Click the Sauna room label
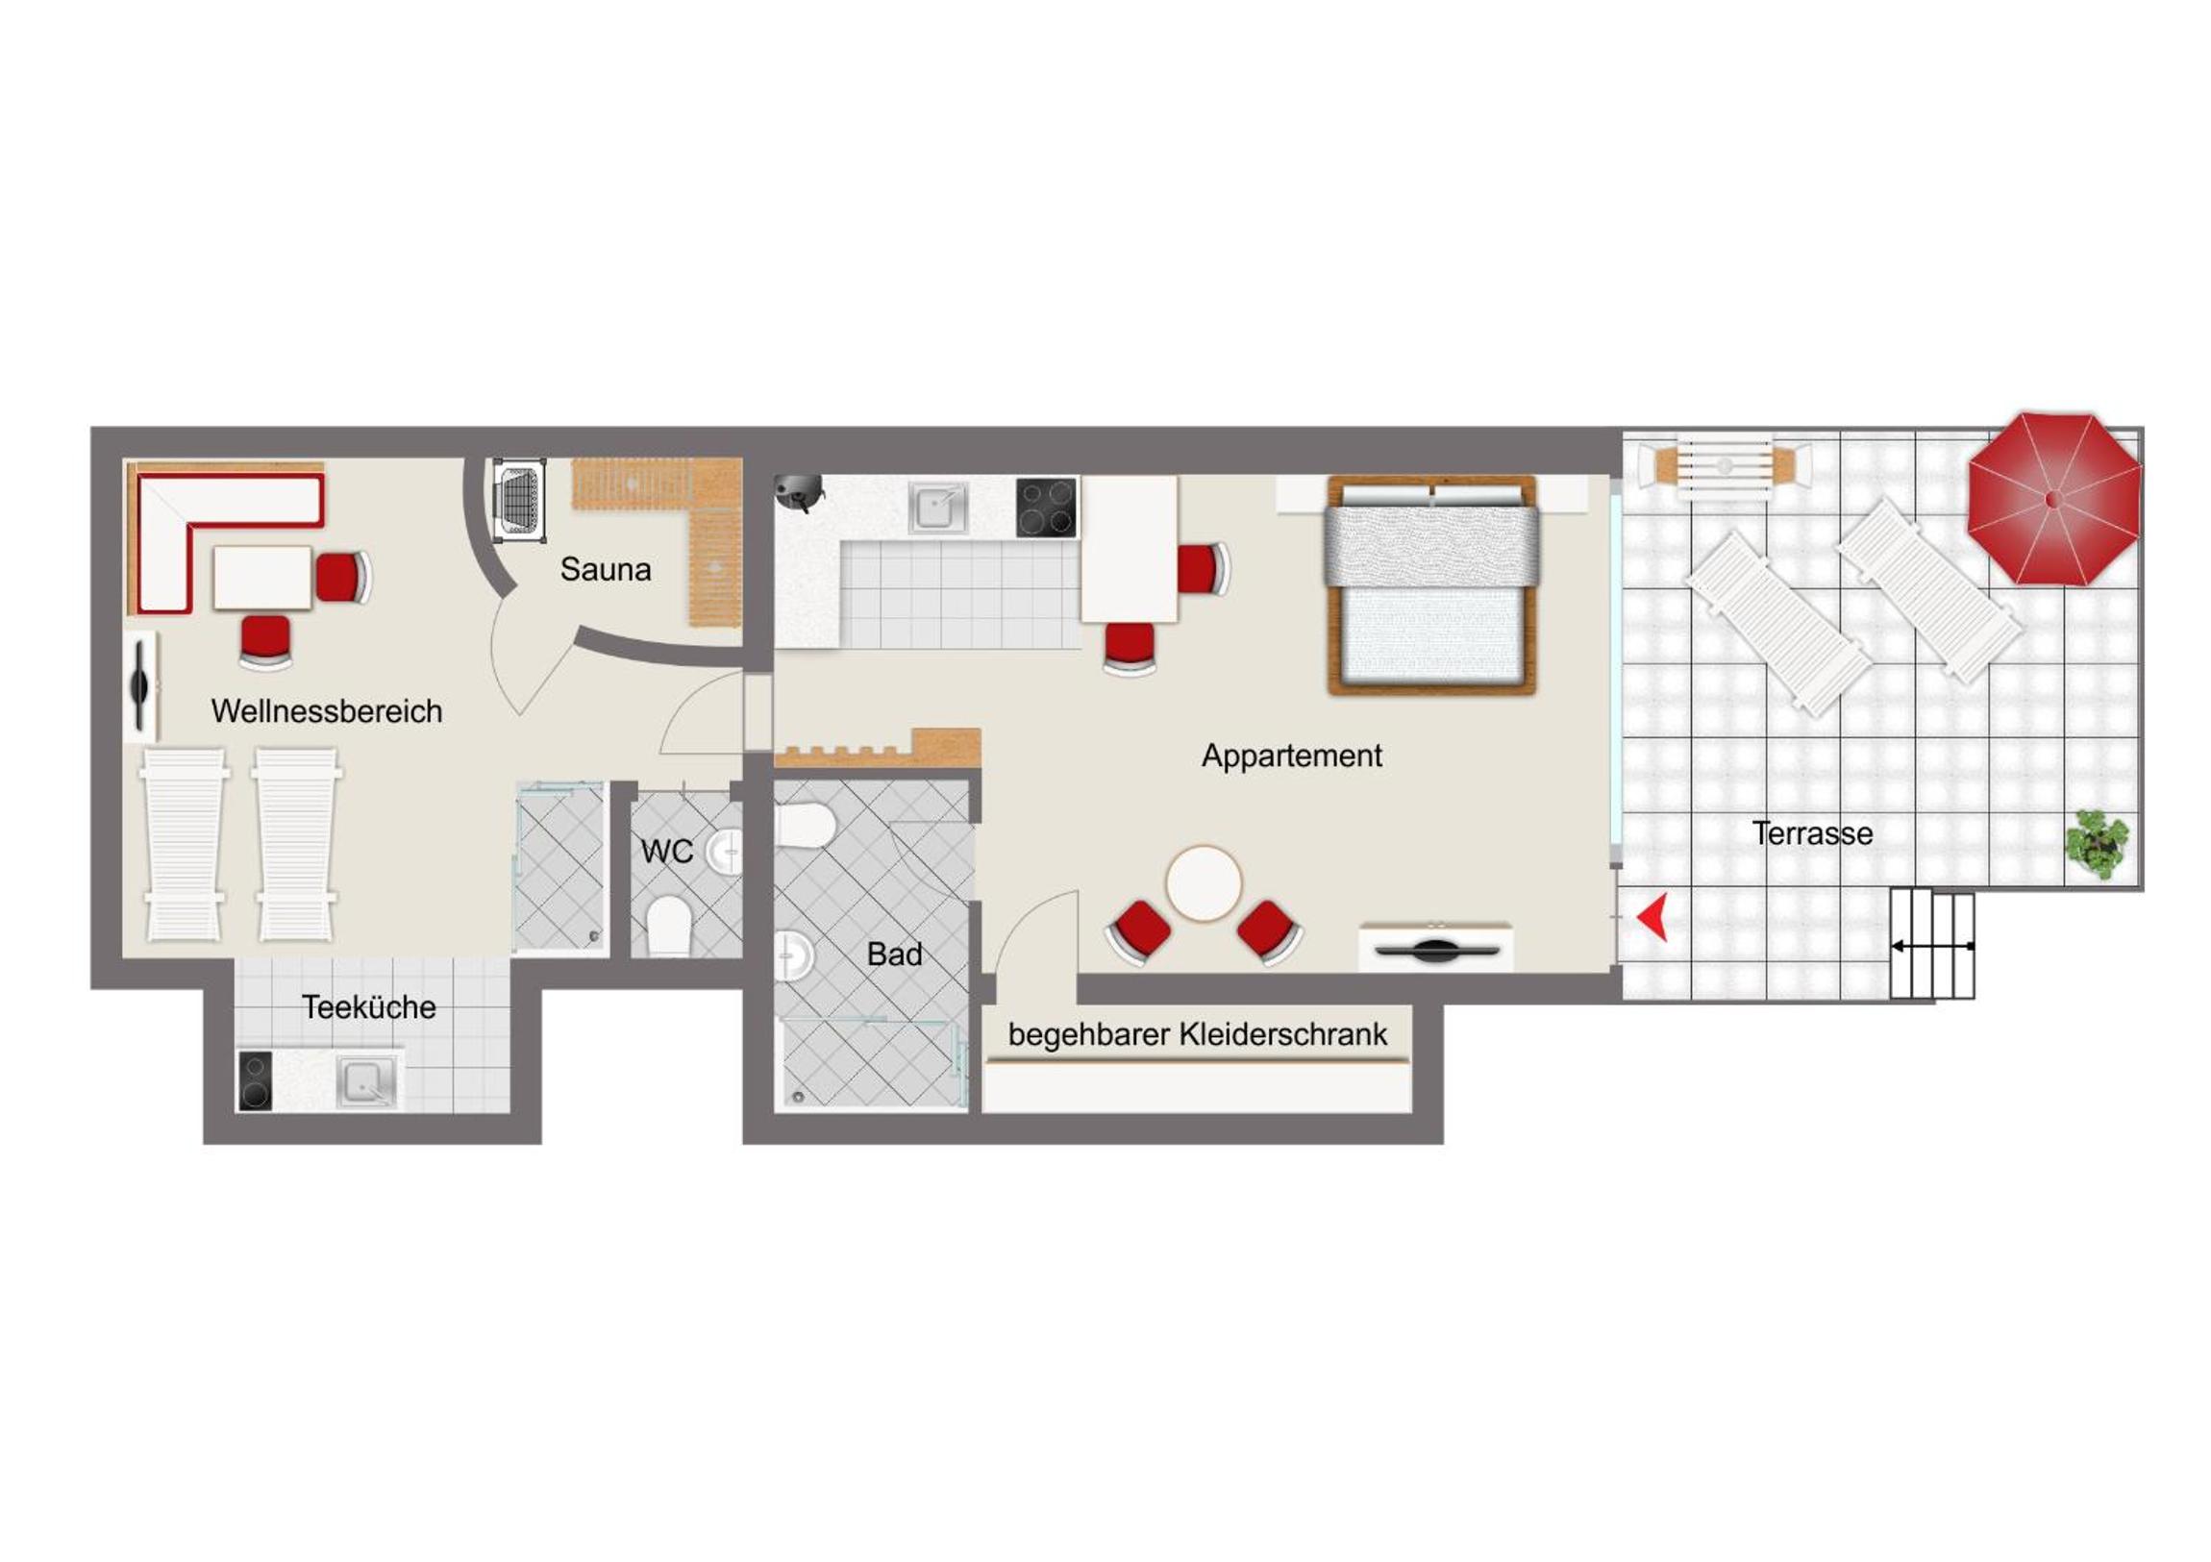606,569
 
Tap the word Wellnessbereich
327,710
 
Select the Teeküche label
369,1007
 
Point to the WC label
666,852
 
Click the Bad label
894,955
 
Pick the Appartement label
1291,756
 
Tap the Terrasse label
1812,833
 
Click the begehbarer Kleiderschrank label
1197,1035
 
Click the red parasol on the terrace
2054,499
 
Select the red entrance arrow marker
1653,916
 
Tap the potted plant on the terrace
2097,845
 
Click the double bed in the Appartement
1431,584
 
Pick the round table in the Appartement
1204,884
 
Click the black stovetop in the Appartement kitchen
1046,508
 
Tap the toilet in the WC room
669,926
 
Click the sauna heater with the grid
518,499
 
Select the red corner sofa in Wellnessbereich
228,539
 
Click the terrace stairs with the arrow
1931,945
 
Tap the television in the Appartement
1436,950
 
